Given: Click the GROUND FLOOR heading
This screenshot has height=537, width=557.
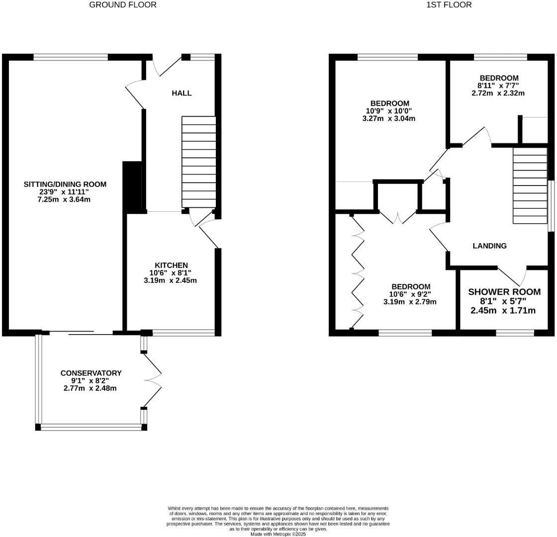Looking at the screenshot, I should click(x=123, y=5).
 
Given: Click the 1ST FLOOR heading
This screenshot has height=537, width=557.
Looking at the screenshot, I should click(x=449, y=5).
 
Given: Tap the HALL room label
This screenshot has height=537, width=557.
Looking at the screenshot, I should click(x=182, y=93).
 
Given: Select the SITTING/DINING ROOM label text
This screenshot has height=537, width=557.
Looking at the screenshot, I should click(x=65, y=184).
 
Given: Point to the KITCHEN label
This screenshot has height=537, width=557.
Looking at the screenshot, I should click(x=171, y=266).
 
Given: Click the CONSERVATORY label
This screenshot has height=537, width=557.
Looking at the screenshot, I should click(x=91, y=373).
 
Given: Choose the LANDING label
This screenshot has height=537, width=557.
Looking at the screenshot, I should click(x=489, y=246).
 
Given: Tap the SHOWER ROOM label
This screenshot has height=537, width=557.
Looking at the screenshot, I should click(x=504, y=292).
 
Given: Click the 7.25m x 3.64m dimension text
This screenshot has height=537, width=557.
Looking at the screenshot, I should click(x=65, y=199).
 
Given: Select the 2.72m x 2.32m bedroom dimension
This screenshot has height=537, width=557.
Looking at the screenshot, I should click(x=498, y=93).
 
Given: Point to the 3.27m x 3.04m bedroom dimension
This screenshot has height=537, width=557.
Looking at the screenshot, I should click(x=389, y=118).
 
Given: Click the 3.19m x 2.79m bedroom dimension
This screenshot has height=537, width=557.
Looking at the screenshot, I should click(x=410, y=302).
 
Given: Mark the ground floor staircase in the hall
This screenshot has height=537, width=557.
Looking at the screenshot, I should click(x=199, y=162).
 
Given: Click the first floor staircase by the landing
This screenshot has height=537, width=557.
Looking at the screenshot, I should click(x=530, y=186).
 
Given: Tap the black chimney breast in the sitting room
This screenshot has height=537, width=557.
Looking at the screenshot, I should click(x=132, y=187).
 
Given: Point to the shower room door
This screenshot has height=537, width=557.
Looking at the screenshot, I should click(x=512, y=275).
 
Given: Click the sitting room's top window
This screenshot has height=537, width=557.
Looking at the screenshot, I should click(x=71, y=57).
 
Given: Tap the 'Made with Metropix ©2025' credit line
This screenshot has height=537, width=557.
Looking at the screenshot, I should click(x=278, y=535).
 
